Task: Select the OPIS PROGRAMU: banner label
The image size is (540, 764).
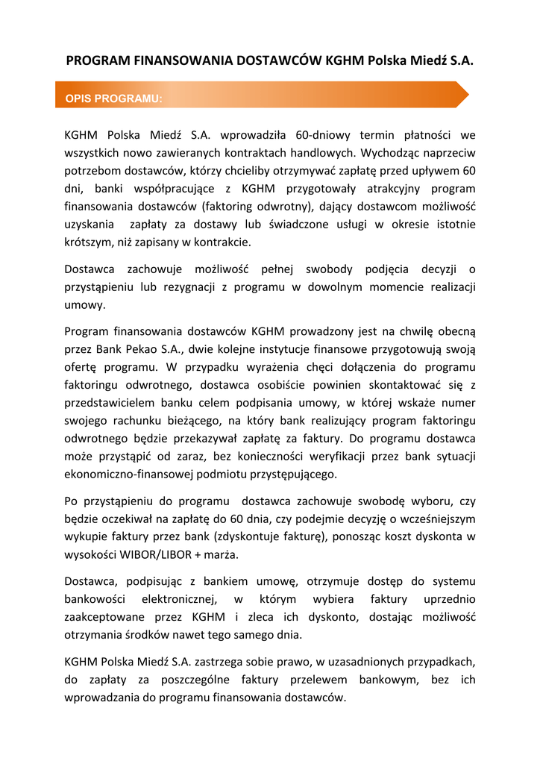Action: [x=113, y=98]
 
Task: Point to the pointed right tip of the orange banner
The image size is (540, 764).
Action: [x=468, y=95]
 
